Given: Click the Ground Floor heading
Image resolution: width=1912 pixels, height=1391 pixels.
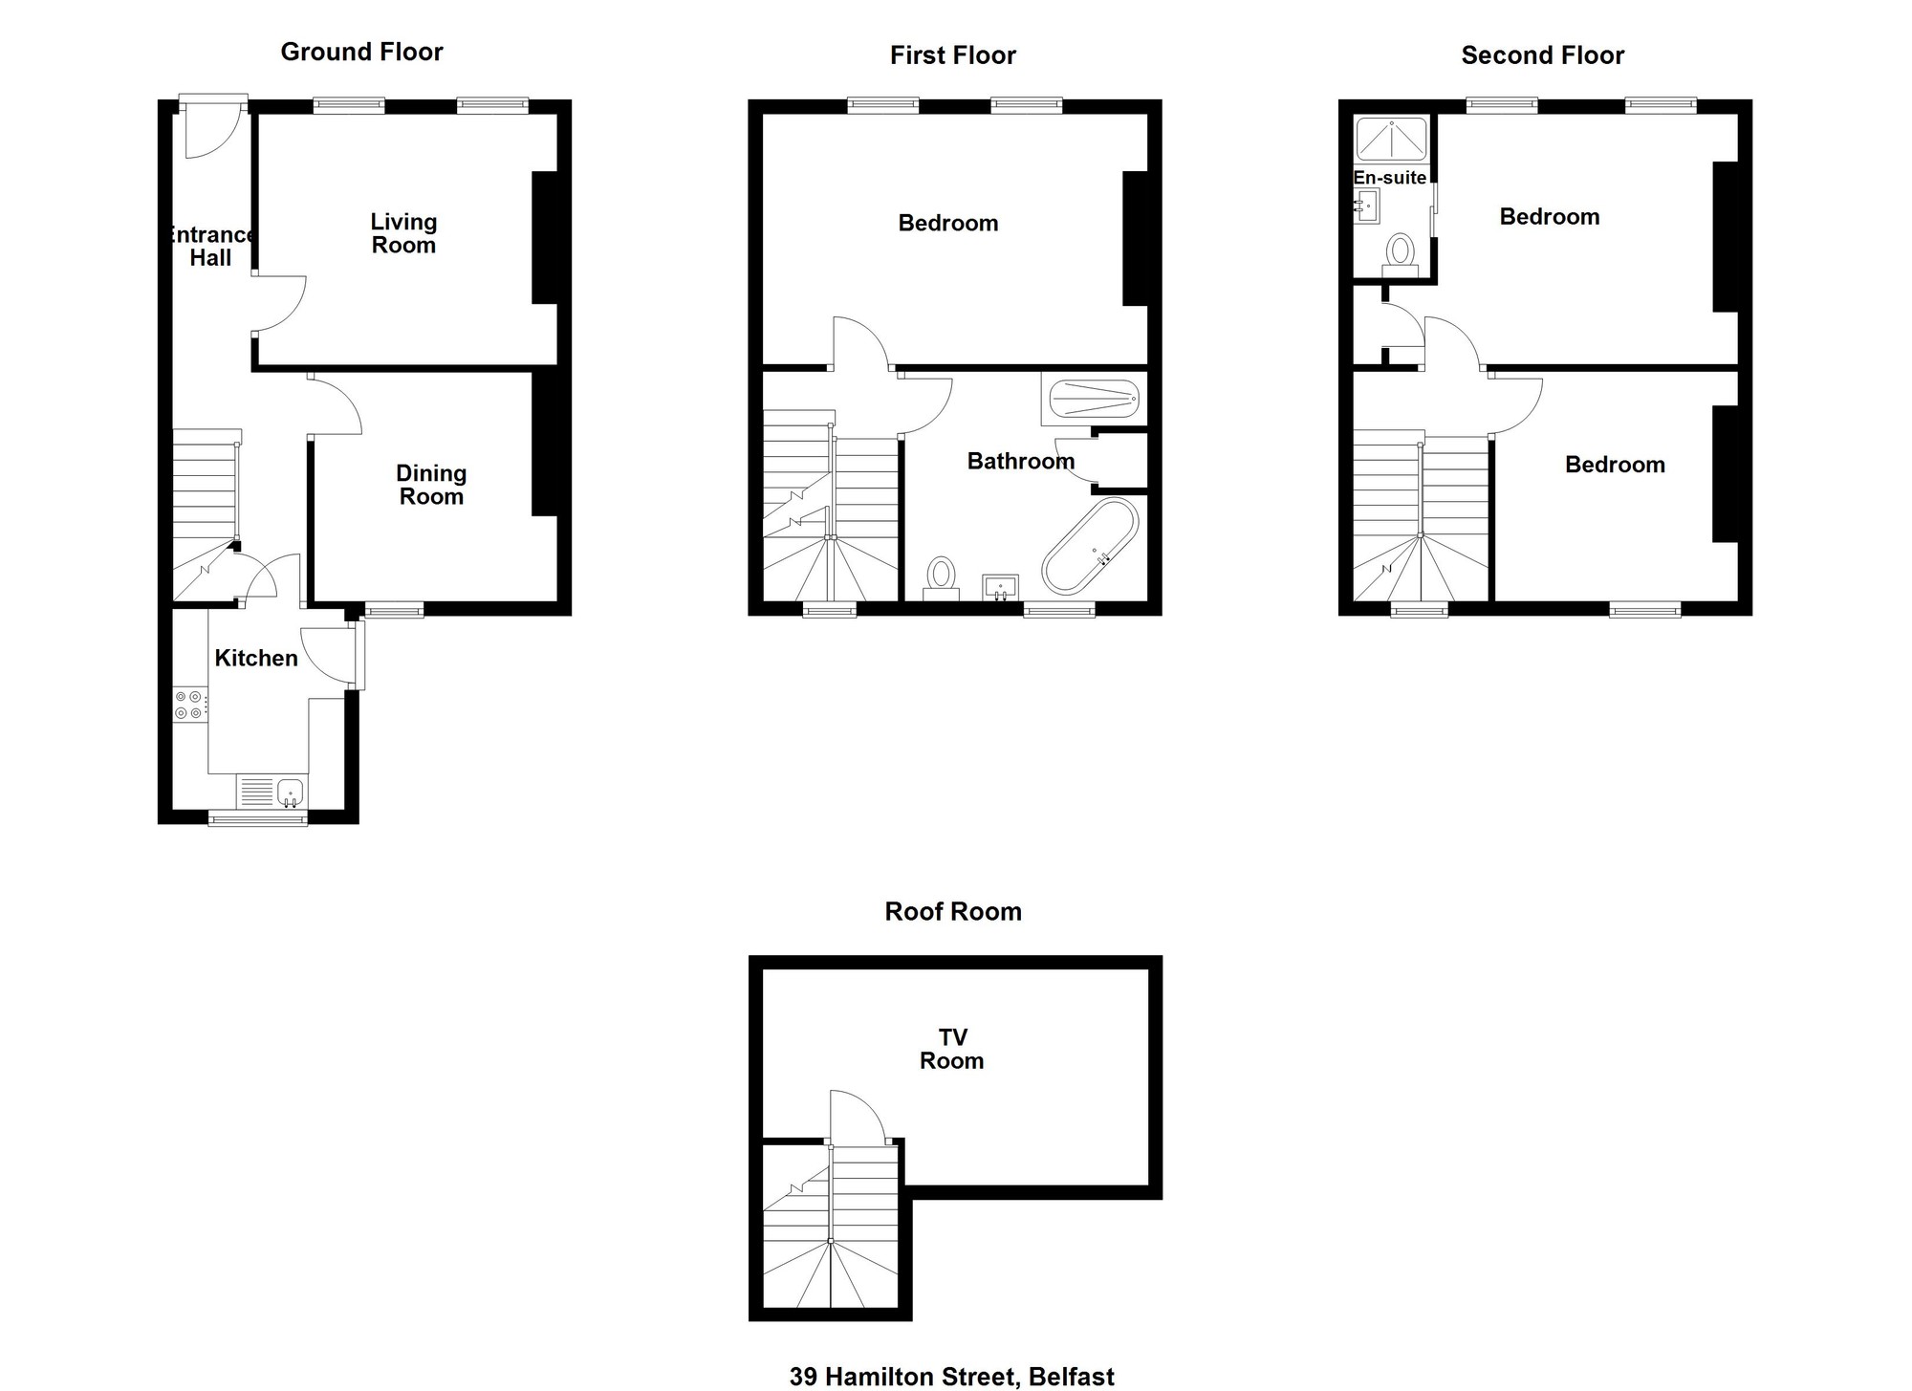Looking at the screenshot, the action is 361,52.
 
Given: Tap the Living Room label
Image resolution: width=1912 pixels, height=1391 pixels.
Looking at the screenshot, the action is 403,233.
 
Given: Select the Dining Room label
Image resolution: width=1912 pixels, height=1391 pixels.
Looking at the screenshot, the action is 431,485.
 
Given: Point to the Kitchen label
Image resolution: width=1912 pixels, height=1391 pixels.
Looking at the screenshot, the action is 256,658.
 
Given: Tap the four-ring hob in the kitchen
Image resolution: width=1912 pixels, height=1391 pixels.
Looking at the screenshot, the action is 189,706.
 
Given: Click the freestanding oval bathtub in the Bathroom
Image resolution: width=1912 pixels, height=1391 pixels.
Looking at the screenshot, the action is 1091,546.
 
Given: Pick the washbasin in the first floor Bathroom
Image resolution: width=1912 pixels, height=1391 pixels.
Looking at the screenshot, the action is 1000,587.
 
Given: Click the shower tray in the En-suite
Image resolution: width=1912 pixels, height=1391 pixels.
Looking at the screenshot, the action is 1392,139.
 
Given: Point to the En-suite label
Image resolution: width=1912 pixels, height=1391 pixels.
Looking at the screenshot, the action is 1390,178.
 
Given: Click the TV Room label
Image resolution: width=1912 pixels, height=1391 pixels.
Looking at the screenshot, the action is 952,1049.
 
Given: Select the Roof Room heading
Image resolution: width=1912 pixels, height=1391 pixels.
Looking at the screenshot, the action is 953,911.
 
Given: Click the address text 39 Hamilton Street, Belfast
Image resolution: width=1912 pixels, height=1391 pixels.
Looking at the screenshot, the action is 952,1377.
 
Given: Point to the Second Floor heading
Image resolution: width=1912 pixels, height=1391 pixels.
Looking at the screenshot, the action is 1543,55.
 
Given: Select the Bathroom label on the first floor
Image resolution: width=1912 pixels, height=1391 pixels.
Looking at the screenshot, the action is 1021,462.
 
